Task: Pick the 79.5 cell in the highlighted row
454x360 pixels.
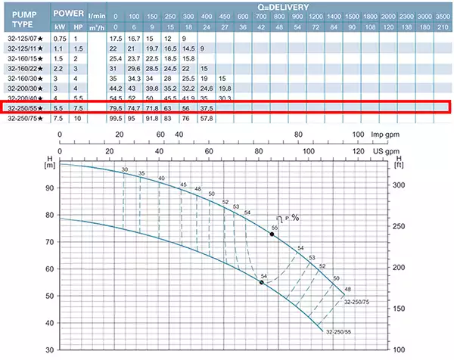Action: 116,107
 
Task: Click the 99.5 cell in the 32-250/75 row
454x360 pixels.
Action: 116,117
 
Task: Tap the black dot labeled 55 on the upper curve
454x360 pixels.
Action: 272,235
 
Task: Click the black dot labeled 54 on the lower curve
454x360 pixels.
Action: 262,282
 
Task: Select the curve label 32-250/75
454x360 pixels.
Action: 359,303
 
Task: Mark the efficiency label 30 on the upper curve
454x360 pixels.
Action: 124,170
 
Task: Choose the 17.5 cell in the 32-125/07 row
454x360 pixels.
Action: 116,38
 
